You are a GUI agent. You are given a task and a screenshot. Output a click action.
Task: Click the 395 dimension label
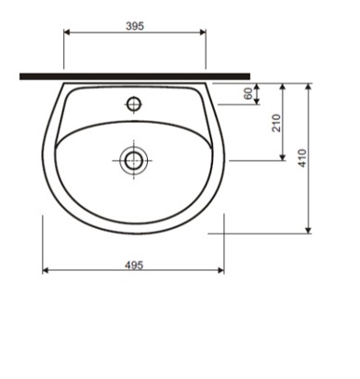point(135,26)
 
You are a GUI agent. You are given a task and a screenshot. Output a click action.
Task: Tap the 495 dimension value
point(134,265)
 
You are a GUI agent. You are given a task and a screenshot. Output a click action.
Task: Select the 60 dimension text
point(248,94)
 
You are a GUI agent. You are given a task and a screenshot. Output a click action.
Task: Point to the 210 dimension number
point(276,123)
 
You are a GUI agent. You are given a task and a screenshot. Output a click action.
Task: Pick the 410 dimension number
point(302,158)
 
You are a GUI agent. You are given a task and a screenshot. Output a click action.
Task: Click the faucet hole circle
point(134,104)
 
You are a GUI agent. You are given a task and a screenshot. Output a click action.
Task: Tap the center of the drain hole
point(134,160)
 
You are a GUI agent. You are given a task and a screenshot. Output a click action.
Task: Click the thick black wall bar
point(135,76)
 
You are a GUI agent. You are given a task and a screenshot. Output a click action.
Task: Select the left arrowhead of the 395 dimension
point(67,32)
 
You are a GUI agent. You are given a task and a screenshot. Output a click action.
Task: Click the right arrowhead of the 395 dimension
point(203,32)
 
